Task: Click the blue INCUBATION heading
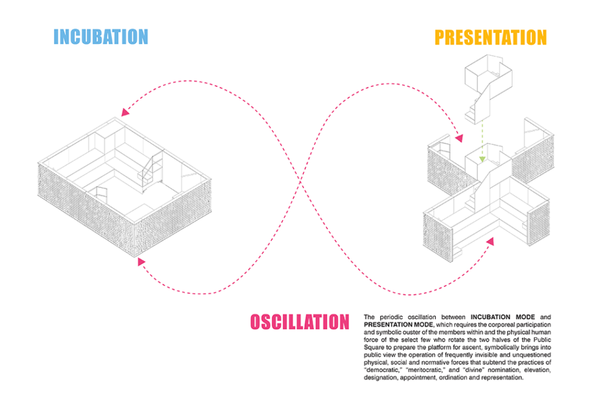point(101,37)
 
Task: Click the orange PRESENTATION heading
point(490,37)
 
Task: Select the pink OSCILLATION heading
point(299,322)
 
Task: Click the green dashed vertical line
point(483,140)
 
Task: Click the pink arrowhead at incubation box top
point(124,112)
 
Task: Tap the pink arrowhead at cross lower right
point(491,240)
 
